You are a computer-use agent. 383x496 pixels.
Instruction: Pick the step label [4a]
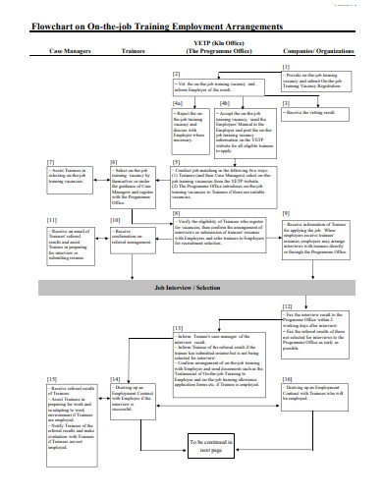point(178,102)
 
